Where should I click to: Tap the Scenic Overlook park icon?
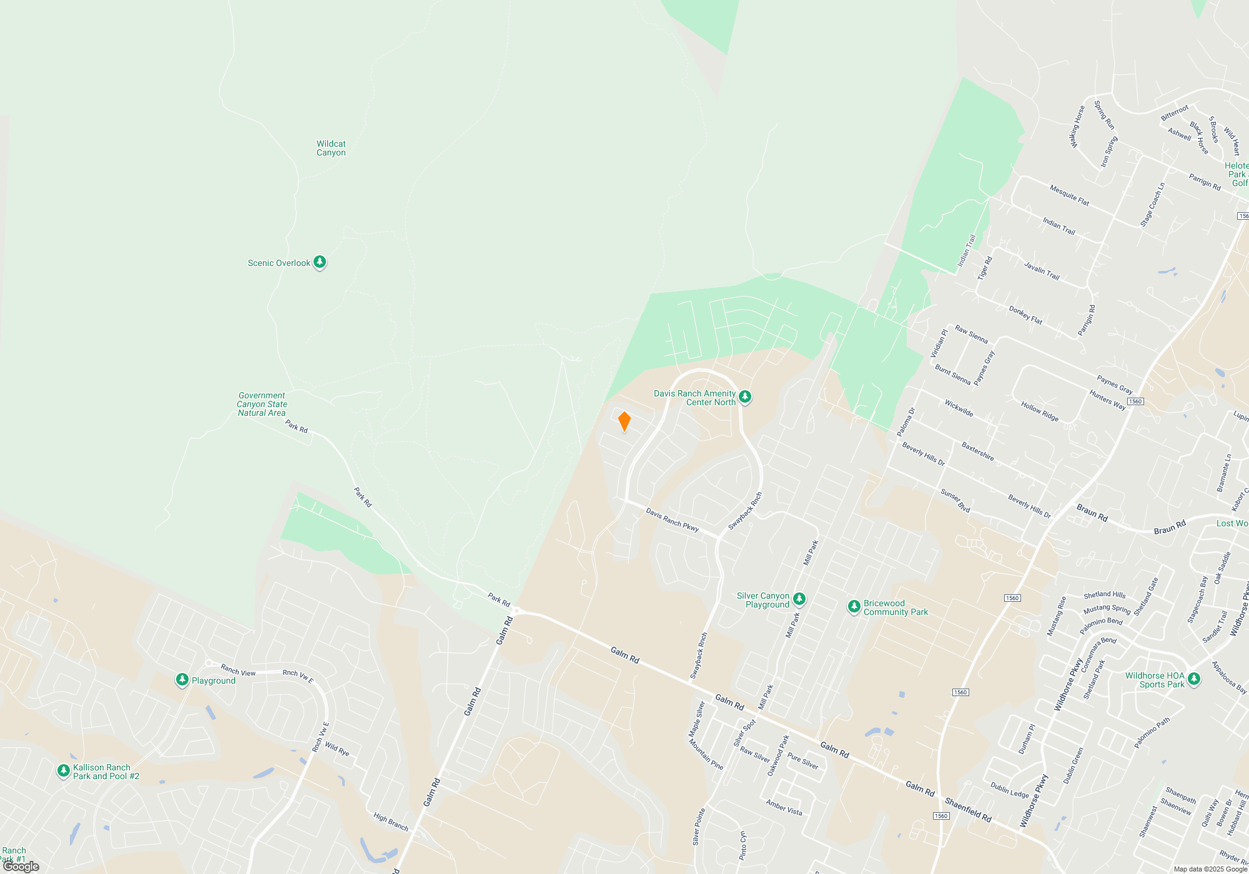pos(320,262)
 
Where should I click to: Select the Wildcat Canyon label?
pos(331,148)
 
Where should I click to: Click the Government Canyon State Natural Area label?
pos(262,404)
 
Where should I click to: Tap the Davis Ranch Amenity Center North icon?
pos(745,397)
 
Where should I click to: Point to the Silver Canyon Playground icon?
pos(799,599)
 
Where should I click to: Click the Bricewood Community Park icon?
pos(854,607)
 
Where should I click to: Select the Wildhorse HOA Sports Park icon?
pos(1193,679)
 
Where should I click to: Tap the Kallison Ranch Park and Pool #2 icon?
pos(63,771)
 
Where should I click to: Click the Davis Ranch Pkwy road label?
pos(672,519)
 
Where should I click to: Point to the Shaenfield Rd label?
pos(968,808)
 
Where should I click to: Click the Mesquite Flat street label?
pos(1069,195)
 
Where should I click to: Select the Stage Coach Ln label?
pos(1152,204)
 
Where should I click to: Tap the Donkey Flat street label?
pos(1025,315)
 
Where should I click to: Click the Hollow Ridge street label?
pos(1040,411)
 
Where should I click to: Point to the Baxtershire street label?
pos(977,451)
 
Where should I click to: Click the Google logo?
pos(21,867)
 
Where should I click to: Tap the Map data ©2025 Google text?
pos(1210,869)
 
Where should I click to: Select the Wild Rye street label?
pos(337,749)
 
